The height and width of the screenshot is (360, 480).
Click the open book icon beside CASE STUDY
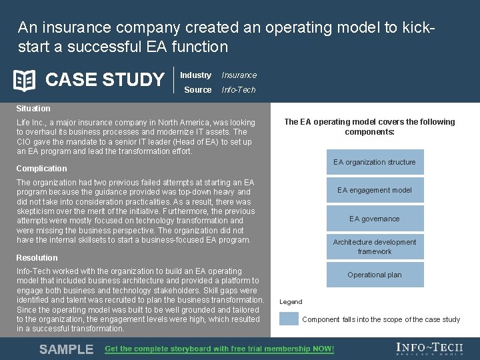pyautogui.click(x=25, y=80)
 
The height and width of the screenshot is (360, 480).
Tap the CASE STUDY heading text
pyautogui.click(x=105, y=80)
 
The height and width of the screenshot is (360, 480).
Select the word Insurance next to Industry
pyautogui.click(x=239, y=75)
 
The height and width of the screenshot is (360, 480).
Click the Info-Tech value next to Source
pyautogui.click(x=238, y=90)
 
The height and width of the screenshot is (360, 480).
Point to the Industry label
pyautogui.click(x=195, y=75)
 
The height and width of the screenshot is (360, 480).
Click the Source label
pyautogui.click(x=197, y=90)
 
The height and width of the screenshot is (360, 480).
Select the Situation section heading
pyautogui.click(x=33, y=109)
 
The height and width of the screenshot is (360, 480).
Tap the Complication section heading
pyautogui.click(x=41, y=169)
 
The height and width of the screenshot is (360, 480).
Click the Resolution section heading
pyautogui.click(x=37, y=258)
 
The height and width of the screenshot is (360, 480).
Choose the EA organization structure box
pyautogui.click(x=375, y=162)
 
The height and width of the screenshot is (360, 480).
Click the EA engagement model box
pyautogui.click(x=375, y=190)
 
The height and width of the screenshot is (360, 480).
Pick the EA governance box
pyautogui.click(x=375, y=219)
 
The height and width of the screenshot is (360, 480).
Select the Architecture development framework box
pyautogui.click(x=375, y=247)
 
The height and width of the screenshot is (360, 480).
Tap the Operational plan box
pyautogui.click(x=375, y=275)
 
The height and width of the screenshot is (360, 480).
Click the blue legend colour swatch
pyautogui.click(x=289, y=319)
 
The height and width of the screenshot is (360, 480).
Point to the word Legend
pyautogui.click(x=291, y=302)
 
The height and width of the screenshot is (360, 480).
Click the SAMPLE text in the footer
pyautogui.click(x=66, y=349)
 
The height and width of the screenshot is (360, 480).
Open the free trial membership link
pyautogui.click(x=219, y=349)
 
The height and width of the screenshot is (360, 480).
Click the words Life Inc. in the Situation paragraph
pyautogui.click(x=30, y=123)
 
